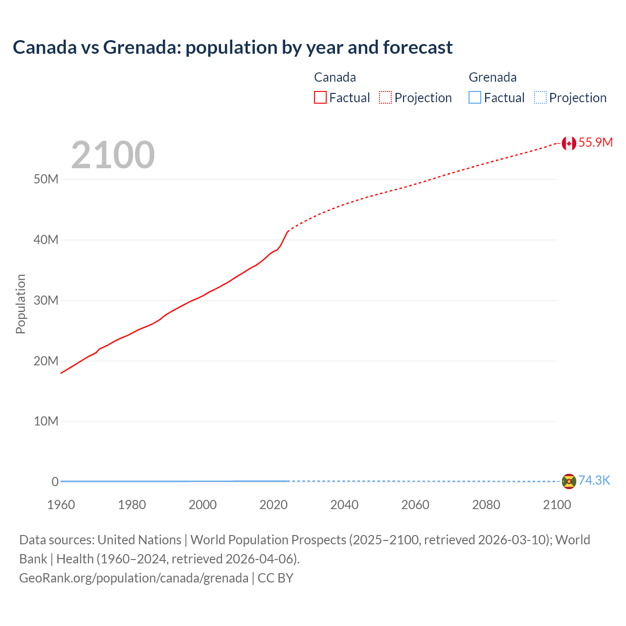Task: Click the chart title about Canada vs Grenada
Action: pyautogui.click(x=232, y=47)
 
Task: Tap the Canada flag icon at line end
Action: pyautogui.click(x=568, y=143)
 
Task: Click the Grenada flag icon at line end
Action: pyautogui.click(x=568, y=481)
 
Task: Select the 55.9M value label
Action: pyautogui.click(x=595, y=142)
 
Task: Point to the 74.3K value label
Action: pyautogui.click(x=594, y=481)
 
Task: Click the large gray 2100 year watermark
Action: pyautogui.click(x=113, y=155)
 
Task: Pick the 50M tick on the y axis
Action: pyautogui.click(x=46, y=179)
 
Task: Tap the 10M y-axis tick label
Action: pyautogui.click(x=46, y=422)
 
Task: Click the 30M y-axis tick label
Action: pyautogui.click(x=46, y=300)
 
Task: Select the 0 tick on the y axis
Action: pyautogui.click(x=55, y=482)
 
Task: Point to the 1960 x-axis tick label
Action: pyautogui.click(x=61, y=505)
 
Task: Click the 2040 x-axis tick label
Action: pyautogui.click(x=344, y=505)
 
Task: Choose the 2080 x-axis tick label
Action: pyautogui.click(x=486, y=505)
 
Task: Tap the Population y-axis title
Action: pyautogui.click(x=21, y=304)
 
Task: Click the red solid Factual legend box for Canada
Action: pyautogui.click(x=320, y=98)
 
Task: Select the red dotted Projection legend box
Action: pyautogui.click(x=385, y=98)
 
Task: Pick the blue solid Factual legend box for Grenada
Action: pyautogui.click(x=475, y=98)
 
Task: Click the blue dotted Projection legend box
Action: pyautogui.click(x=540, y=98)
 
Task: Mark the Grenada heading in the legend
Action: pyautogui.click(x=492, y=77)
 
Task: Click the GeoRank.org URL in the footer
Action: pyautogui.click(x=134, y=578)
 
